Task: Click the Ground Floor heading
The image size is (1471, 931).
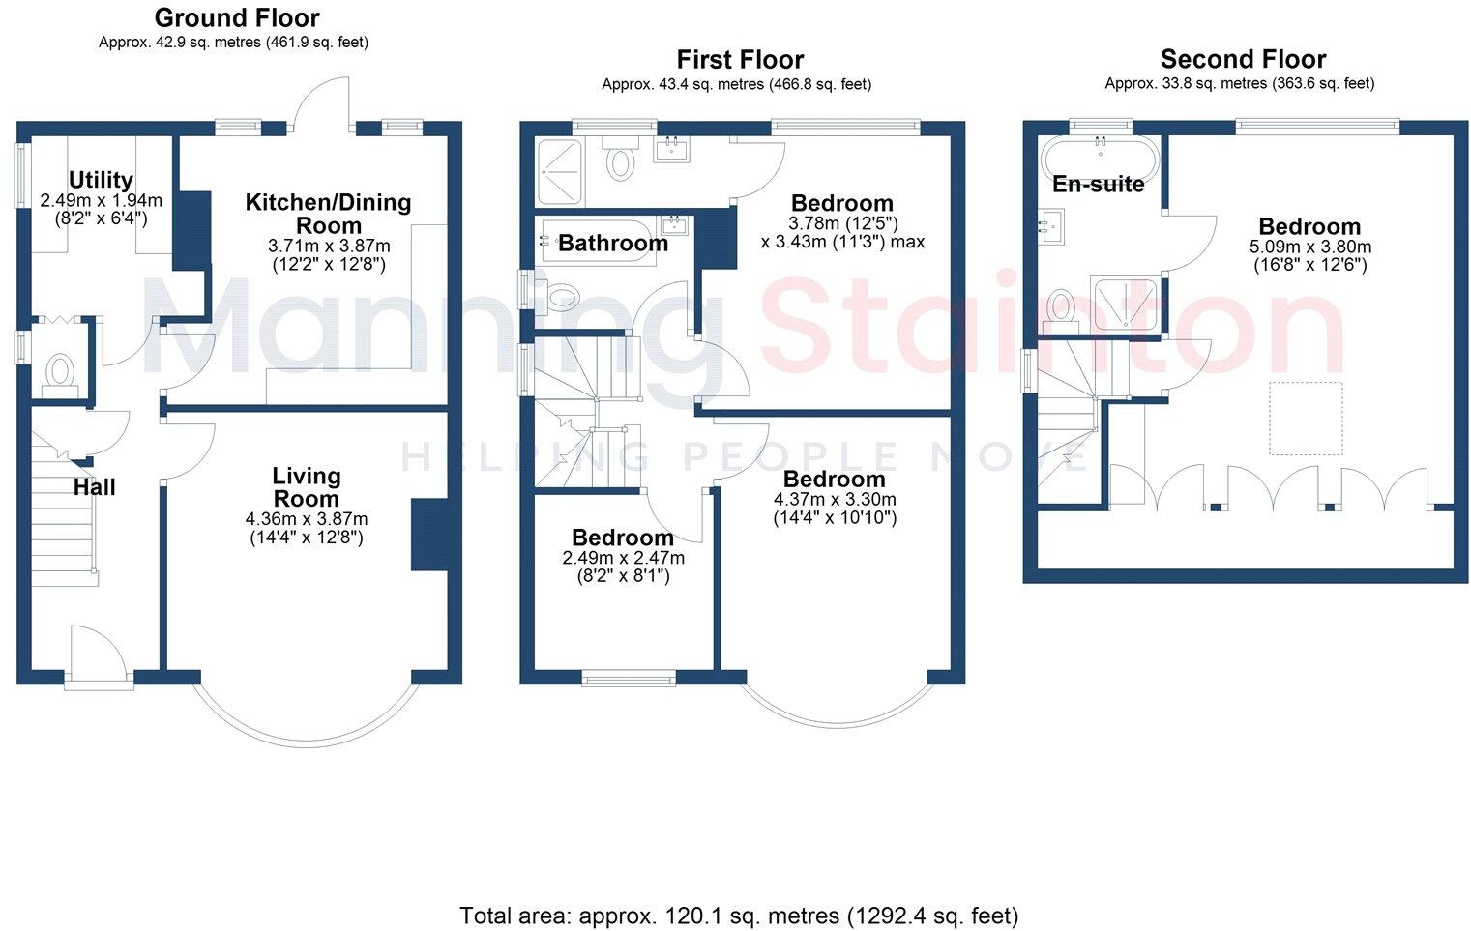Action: [x=236, y=17]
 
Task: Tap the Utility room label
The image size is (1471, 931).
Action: [x=101, y=180]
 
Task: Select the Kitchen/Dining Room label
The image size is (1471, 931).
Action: [x=328, y=214]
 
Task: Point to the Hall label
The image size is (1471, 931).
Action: [x=94, y=487]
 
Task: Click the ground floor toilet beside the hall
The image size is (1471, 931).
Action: [x=60, y=372]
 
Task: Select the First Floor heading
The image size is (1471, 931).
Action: [x=740, y=60]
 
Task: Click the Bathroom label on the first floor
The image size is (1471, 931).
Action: [x=613, y=243]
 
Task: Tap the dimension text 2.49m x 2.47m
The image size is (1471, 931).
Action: [x=623, y=559]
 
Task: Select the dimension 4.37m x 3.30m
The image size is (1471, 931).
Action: [x=834, y=500]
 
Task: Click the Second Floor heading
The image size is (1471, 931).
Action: [x=1243, y=59]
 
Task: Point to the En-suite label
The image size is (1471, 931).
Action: [x=1098, y=184]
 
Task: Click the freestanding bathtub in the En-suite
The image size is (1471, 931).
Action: [x=1099, y=156]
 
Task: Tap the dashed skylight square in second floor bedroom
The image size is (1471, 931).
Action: [x=1306, y=418]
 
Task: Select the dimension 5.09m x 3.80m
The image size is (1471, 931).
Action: [x=1309, y=247]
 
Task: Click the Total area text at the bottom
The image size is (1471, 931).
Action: [x=738, y=915]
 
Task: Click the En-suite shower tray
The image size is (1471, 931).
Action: [x=1124, y=304]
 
